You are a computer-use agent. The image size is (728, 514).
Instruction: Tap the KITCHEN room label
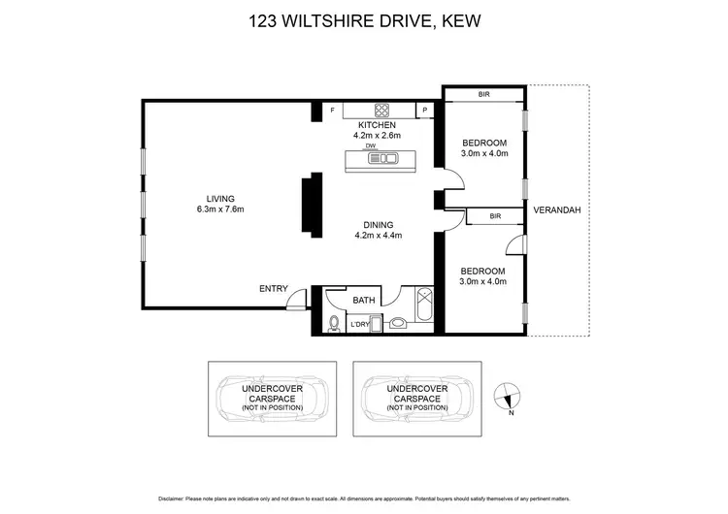(x=378, y=125)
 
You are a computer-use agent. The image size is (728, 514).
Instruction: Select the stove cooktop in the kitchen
(x=381, y=110)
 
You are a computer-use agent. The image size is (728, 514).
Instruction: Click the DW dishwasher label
(x=371, y=145)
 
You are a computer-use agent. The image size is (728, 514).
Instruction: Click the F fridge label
(x=333, y=111)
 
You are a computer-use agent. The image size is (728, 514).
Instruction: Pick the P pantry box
(x=425, y=111)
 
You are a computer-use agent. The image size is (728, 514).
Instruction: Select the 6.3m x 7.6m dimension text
(x=220, y=210)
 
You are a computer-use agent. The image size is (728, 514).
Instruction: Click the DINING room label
(x=379, y=223)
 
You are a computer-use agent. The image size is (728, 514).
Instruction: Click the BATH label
(x=364, y=300)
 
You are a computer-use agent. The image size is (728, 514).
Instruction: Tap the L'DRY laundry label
(x=361, y=324)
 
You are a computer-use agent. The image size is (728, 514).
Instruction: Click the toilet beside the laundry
(x=334, y=323)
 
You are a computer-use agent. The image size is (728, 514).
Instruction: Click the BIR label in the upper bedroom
(x=483, y=95)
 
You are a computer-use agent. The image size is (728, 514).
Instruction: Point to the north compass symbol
(x=509, y=395)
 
